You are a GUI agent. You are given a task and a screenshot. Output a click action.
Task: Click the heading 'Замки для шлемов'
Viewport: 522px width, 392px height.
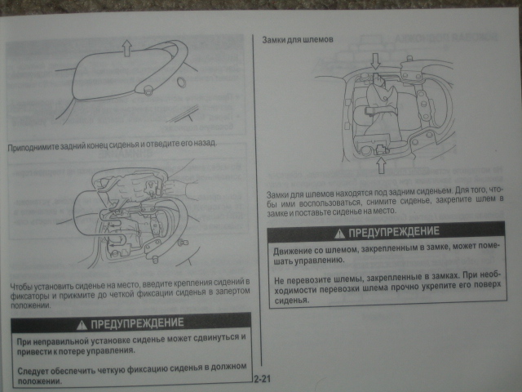tap(297, 39)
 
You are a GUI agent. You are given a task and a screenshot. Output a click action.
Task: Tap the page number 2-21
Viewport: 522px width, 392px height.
tap(263, 379)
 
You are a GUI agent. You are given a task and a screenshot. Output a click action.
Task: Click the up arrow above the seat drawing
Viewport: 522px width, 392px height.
tap(126, 47)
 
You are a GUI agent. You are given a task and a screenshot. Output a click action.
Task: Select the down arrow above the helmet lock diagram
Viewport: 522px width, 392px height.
tap(375, 61)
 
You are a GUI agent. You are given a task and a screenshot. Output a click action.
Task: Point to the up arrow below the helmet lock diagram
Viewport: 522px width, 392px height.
tap(382, 165)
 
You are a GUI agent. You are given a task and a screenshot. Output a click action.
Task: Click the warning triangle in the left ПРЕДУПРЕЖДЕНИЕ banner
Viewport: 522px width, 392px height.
tap(82, 325)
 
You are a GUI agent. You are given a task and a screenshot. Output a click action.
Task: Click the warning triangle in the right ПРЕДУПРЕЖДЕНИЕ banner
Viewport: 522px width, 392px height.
tap(339, 234)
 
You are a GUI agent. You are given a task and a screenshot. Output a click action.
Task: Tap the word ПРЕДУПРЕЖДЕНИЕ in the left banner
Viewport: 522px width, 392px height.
tap(137, 323)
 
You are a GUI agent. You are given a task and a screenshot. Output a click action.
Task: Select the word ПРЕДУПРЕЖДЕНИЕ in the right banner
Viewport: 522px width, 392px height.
tap(394, 232)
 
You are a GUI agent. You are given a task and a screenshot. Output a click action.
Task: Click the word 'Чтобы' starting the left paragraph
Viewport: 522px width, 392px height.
tap(21, 287)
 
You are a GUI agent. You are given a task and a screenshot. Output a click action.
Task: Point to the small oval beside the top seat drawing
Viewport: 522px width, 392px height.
tap(181, 82)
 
